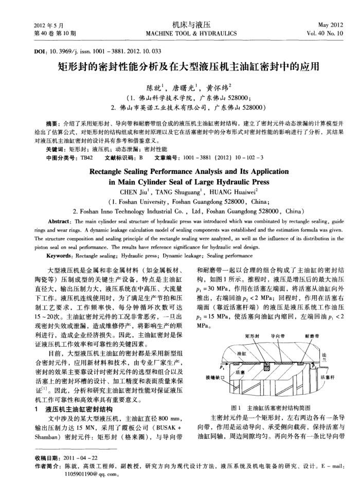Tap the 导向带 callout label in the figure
point(278,323)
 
